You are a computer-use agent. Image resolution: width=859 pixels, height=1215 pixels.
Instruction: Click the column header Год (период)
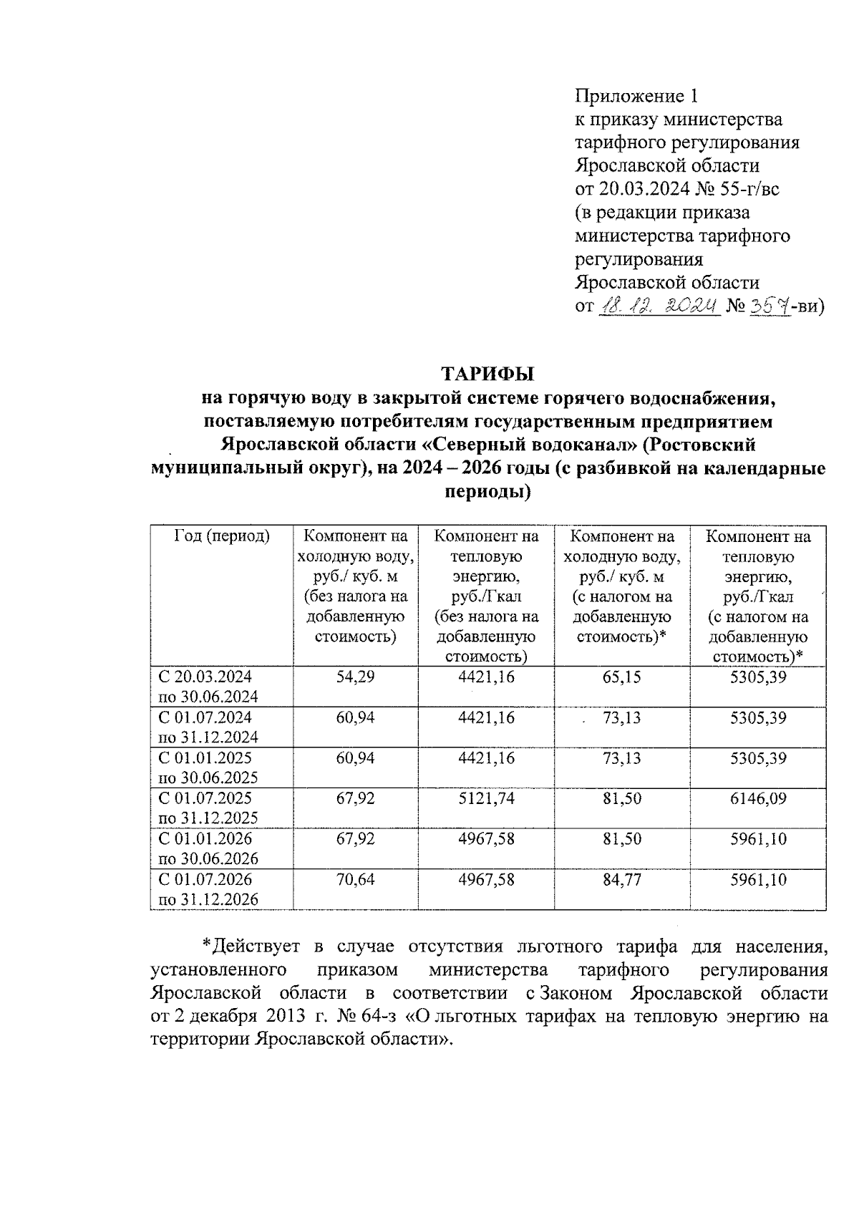coord(222,536)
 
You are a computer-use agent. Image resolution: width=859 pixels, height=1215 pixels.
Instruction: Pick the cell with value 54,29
coord(355,677)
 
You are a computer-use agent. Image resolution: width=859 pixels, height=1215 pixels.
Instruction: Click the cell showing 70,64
coord(355,879)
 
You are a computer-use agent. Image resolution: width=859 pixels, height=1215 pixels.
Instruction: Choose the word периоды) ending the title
coord(488,493)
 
